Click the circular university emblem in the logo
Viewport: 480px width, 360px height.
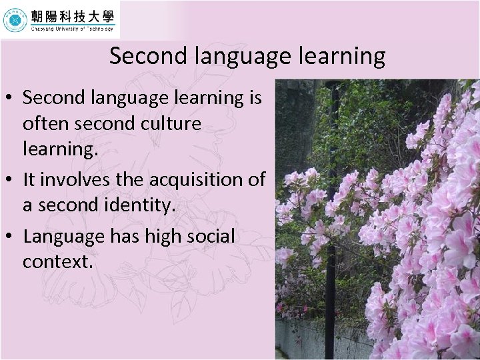pos(15,20)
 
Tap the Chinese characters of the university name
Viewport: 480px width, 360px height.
pos(72,16)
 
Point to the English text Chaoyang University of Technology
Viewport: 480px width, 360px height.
pos(72,29)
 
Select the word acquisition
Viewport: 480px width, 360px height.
pos(193,179)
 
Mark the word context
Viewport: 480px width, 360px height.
pos(57,262)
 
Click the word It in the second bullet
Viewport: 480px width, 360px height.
pos(29,179)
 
